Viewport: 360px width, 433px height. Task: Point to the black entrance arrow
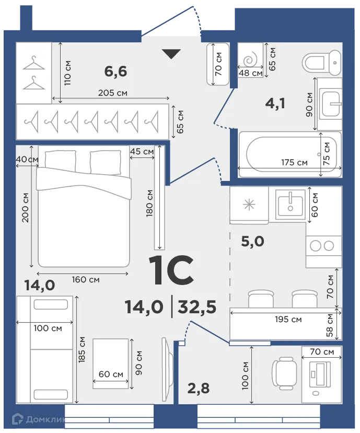click(171, 53)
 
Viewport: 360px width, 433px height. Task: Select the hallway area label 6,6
click(115, 71)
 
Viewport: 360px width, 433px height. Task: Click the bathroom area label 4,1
click(275, 104)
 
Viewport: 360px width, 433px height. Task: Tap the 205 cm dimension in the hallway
click(113, 93)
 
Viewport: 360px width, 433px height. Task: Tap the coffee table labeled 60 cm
click(111, 363)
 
